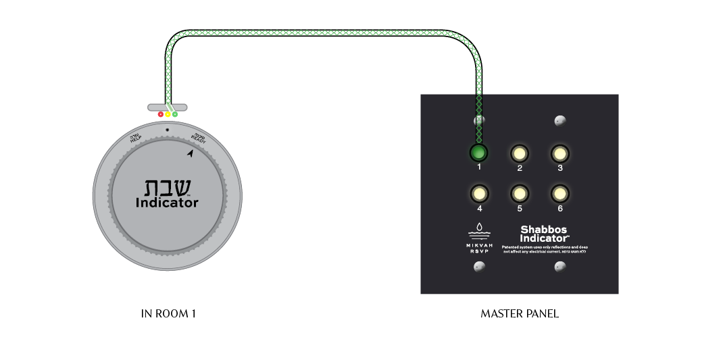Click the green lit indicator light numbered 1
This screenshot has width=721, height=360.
point(479,153)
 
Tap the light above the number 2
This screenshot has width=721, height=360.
point(519,153)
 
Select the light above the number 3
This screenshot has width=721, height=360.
point(560,153)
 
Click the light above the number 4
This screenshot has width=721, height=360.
point(479,194)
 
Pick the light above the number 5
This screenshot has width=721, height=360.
point(519,194)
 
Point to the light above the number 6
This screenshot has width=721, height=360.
point(560,194)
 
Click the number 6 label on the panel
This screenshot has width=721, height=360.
point(560,209)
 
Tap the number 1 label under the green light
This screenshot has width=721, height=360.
point(479,167)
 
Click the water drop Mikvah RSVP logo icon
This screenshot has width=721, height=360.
point(479,228)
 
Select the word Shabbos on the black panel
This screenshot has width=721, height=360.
point(545,230)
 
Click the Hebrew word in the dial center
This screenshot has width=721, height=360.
point(167,187)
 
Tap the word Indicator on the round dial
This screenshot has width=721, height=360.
point(167,203)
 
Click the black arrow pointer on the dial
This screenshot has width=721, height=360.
point(191,154)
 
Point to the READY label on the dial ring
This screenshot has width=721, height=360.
point(199,138)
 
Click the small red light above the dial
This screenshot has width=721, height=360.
point(161,115)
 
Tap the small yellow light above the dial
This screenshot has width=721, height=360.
point(168,116)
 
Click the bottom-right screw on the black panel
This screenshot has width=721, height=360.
point(560,267)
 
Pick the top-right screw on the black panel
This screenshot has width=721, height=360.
point(560,121)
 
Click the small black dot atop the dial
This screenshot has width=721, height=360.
point(167,129)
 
